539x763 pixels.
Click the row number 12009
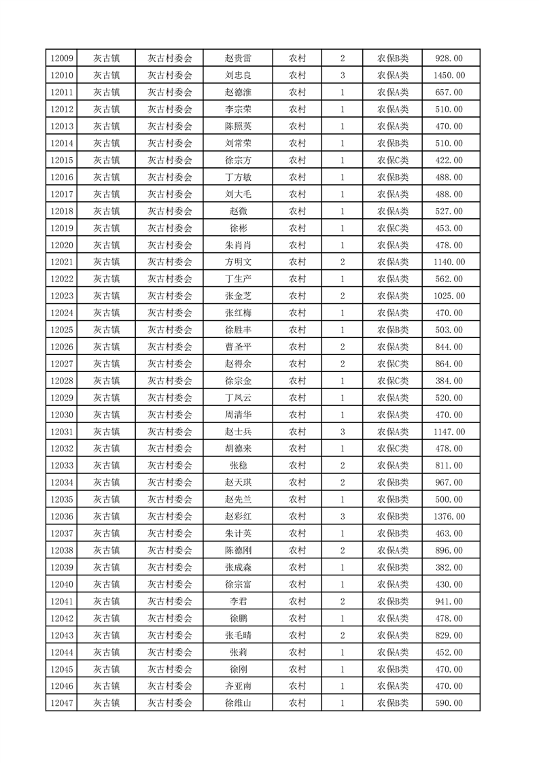pos(62,58)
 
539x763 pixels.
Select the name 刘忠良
pos(238,75)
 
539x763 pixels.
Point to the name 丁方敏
pos(238,177)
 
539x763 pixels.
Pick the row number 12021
pos(62,262)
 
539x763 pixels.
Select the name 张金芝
pos(238,296)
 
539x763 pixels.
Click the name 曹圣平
pos(238,347)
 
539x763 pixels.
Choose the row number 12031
pos(62,432)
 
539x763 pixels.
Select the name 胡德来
pos(238,449)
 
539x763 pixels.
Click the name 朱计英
pos(238,534)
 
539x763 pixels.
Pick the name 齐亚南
pos(238,686)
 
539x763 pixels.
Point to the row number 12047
pos(62,703)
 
